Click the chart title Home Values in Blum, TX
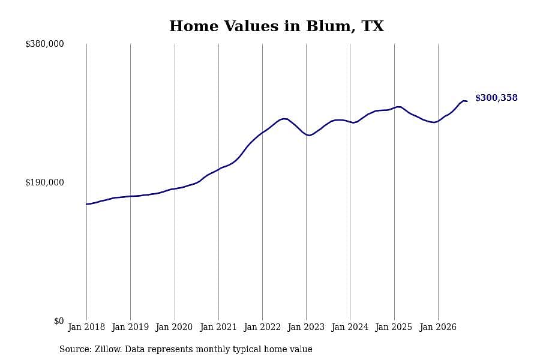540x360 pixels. (276, 26)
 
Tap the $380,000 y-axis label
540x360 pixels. (44, 44)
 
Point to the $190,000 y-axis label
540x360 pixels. (44, 182)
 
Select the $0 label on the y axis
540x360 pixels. (59, 321)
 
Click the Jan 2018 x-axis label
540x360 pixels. (86, 327)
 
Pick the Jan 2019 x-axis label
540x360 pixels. (130, 327)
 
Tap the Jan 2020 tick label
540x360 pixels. (174, 327)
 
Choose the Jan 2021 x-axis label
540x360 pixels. (218, 327)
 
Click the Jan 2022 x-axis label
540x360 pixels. (262, 327)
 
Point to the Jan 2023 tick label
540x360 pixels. (306, 327)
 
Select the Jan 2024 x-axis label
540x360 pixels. (350, 327)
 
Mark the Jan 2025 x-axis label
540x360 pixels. (394, 327)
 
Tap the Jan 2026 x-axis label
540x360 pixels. (438, 327)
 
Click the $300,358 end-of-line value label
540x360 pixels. (496, 98)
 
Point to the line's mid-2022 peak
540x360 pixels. (284, 119)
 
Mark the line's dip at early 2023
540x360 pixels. (309, 136)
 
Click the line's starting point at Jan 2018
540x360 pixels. (86, 204)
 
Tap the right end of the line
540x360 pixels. (467, 101)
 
